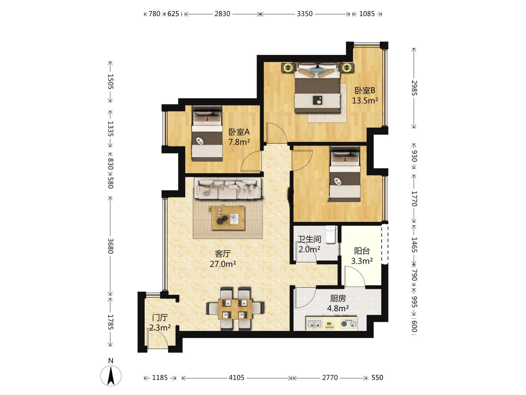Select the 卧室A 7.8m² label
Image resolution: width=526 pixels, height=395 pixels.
(239, 137)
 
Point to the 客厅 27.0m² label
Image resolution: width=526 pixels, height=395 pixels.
(223, 259)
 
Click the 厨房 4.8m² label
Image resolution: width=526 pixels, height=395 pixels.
(338, 304)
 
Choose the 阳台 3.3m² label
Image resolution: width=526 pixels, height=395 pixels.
(362, 256)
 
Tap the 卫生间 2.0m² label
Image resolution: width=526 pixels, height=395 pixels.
(309, 244)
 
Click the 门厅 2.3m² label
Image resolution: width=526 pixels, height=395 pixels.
(160, 323)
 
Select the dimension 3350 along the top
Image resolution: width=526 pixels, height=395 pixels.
(305, 14)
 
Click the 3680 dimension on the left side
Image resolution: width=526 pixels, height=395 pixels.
(110, 246)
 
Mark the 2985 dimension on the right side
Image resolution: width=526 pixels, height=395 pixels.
(414, 88)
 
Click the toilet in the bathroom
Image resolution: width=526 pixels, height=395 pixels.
(331, 234)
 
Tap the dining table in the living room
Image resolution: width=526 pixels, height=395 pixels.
(235, 309)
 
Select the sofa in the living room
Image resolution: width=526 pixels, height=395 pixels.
(228, 188)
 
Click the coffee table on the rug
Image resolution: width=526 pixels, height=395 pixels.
(228, 218)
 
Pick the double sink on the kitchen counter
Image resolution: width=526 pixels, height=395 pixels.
(314, 324)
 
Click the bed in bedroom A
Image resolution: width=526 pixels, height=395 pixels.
(207, 133)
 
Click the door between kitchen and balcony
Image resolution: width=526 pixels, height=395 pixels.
(355, 276)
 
